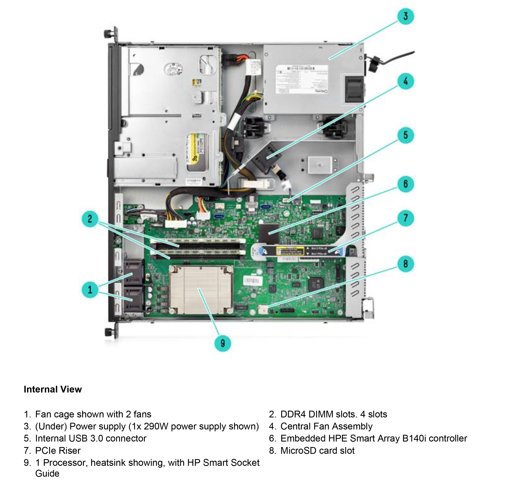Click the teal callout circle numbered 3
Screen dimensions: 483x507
pyautogui.click(x=405, y=16)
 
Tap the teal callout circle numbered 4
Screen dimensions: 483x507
pyautogui.click(x=405, y=81)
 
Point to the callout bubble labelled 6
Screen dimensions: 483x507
pyautogui.click(x=405, y=184)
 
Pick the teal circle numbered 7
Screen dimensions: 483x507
pyautogui.click(x=405, y=218)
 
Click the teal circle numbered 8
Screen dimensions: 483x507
pyautogui.click(x=405, y=264)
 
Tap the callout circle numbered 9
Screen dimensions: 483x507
pyautogui.click(x=223, y=343)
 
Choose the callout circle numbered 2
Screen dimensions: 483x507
pyautogui.click(x=90, y=219)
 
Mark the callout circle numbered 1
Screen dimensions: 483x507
pyautogui.click(x=90, y=290)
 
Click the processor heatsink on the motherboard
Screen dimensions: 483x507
pyautogui.click(x=200, y=290)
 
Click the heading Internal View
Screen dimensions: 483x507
pyautogui.click(x=53, y=389)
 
